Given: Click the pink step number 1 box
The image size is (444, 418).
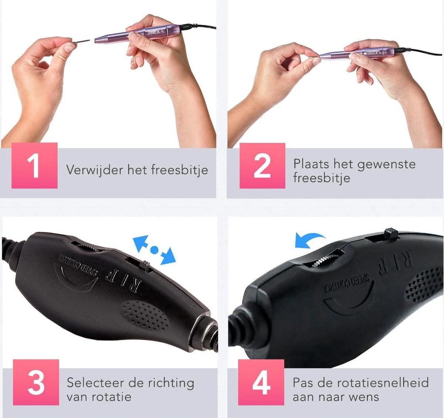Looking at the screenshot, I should tap(34, 166).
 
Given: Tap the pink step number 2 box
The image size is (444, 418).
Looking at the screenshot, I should tap(262, 166).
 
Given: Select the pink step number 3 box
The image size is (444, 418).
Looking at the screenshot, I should tap(36, 382).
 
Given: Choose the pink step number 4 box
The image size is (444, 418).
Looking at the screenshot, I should tap(261, 382).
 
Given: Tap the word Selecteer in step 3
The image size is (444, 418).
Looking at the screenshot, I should tap(95, 382).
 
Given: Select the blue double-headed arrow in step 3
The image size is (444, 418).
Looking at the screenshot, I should tap(154, 250).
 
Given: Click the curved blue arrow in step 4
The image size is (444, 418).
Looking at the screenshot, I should tap(309, 239).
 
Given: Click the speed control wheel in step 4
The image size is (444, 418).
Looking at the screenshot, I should tap(326, 259).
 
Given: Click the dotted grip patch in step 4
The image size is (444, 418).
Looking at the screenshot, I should tap(424, 283).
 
